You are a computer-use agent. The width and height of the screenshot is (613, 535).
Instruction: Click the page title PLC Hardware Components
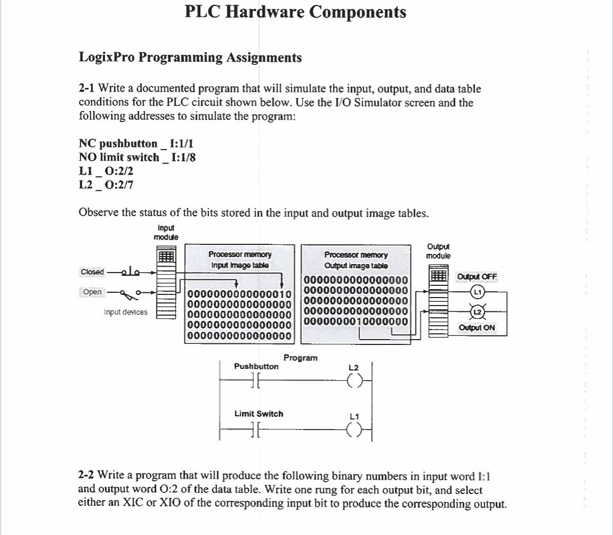point(295,12)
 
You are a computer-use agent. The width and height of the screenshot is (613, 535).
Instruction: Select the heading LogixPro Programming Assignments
point(190,57)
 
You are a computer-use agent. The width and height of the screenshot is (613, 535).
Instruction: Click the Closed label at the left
point(92,272)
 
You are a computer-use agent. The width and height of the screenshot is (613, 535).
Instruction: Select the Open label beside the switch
point(92,292)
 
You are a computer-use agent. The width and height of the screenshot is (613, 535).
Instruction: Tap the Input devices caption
point(125,312)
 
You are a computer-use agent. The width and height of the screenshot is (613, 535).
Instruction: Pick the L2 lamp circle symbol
point(478,312)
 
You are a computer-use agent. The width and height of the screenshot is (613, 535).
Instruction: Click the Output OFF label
point(477,277)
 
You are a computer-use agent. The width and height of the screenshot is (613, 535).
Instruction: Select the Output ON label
point(477,328)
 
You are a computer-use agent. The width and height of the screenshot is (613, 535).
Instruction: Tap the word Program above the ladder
point(300,358)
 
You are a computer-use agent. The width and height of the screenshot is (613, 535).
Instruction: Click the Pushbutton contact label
point(256,366)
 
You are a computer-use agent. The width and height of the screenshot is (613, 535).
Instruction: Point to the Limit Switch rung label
point(259,414)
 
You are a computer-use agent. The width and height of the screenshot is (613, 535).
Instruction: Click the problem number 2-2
point(87,474)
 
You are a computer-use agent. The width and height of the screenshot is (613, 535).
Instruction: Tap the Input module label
point(166,233)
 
